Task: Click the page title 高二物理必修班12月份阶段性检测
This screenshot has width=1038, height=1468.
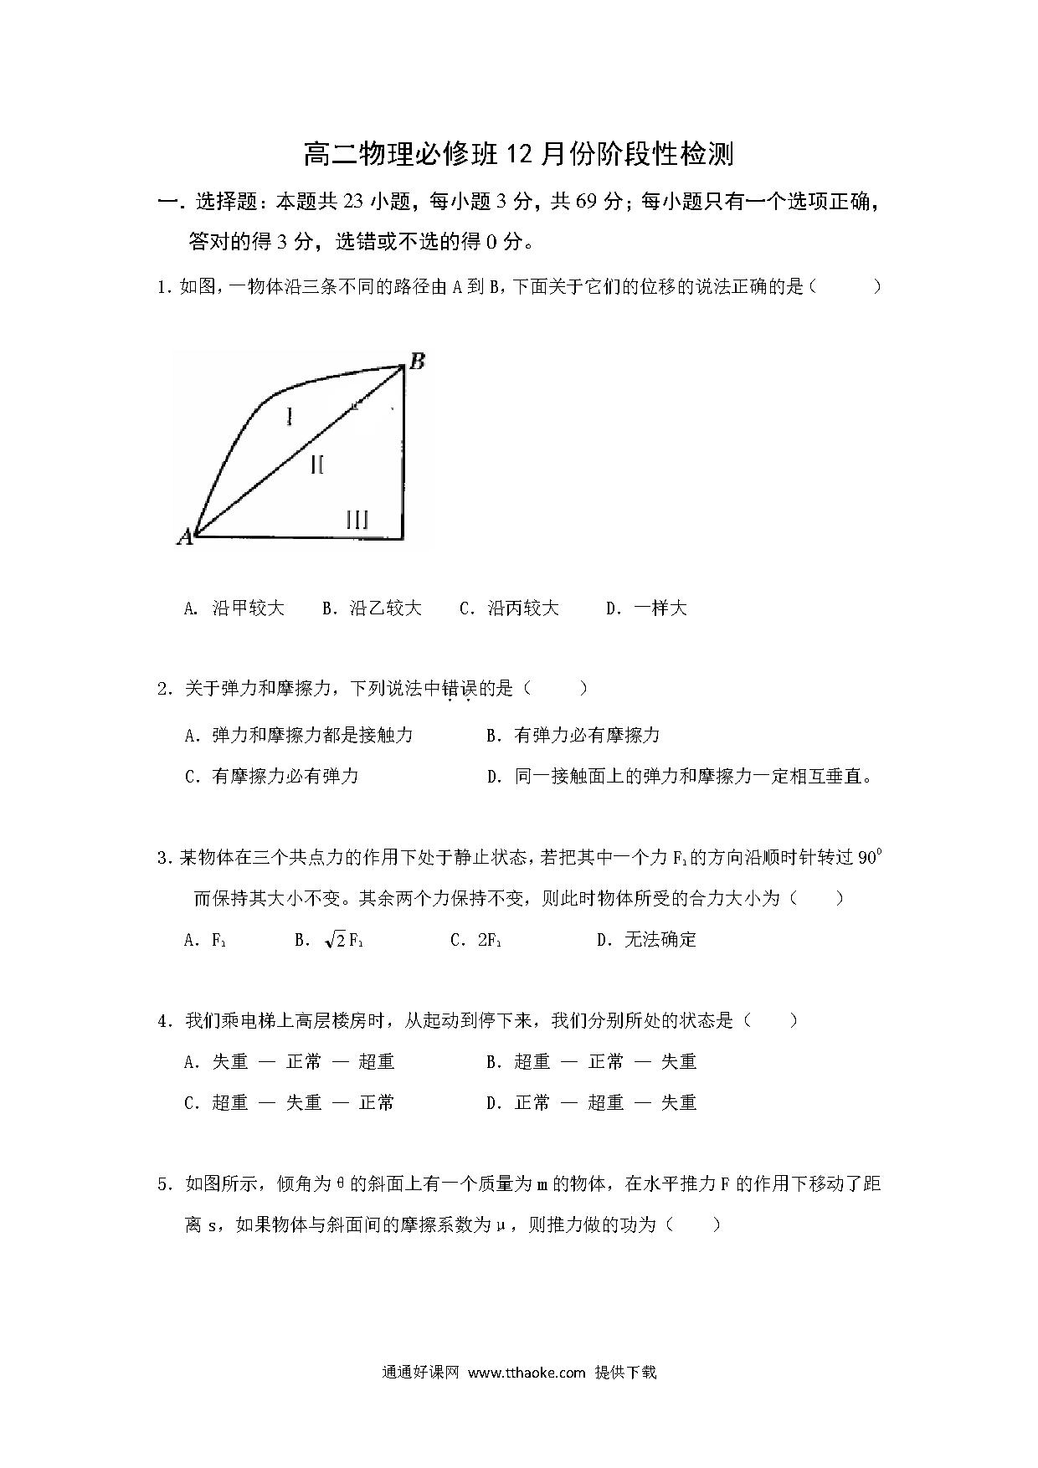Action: point(518,155)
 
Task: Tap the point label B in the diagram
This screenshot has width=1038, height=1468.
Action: point(417,362)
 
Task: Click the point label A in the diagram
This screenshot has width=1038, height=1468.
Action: point(184,536)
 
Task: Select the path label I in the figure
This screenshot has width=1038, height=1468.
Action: point(289,415)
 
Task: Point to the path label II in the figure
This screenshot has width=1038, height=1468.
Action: point(317,465)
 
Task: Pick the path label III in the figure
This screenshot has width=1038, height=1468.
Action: point(357,520)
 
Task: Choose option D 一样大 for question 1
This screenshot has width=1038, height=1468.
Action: point(646,608)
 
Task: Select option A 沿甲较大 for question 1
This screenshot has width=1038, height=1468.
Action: point(234,608)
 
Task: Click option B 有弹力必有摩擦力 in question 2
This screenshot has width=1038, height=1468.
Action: point(573,736)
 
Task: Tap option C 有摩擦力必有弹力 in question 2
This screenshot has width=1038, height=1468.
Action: point(272,777)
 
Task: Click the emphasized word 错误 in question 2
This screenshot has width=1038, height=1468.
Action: point(459,690)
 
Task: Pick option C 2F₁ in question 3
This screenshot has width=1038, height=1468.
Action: point(476,940)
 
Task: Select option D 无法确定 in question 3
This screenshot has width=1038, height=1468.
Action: point(646,940)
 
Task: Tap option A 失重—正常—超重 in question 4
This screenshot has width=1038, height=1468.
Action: point(290,1062)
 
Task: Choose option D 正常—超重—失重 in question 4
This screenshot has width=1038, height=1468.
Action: point(592,1103)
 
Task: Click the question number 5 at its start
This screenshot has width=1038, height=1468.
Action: point(163,1184)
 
